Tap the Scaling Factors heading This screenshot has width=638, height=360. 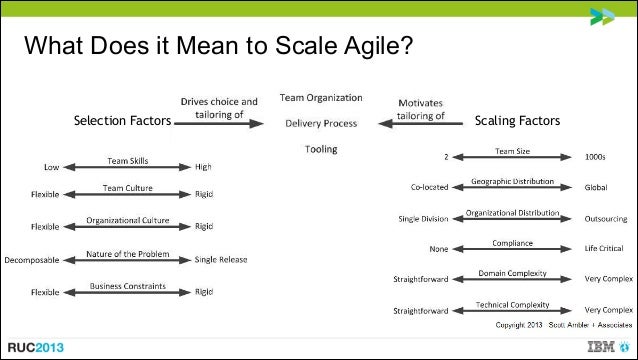pyautogui.click(x=517, y=122)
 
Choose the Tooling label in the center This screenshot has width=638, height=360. pyautogui.click(x=320, y=150)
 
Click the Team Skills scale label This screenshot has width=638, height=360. pyautogui.click(x=129, y=160)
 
